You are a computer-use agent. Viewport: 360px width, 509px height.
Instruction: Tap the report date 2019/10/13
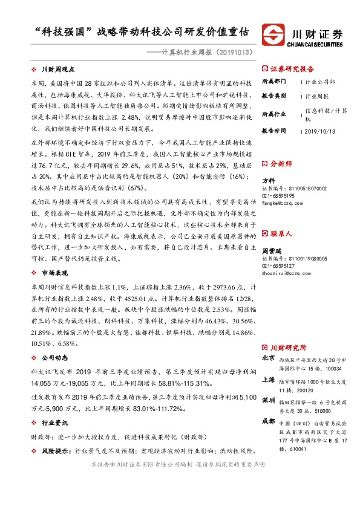click(x=321, y=130)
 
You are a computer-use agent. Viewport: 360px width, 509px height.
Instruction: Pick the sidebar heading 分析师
click(x=280, y=163)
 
